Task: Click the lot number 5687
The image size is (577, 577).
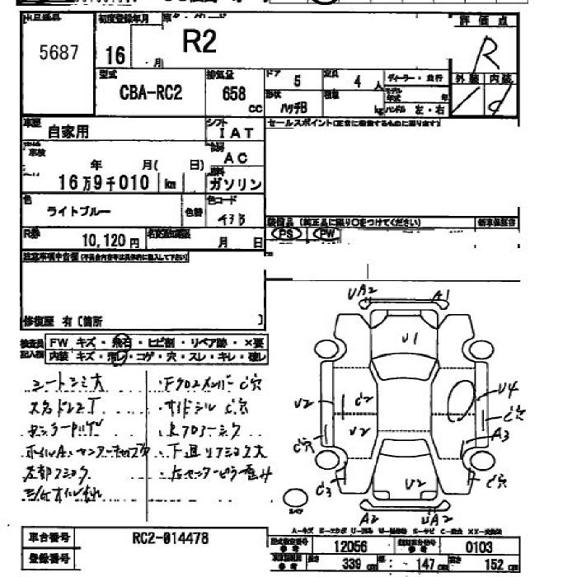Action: [59, 54]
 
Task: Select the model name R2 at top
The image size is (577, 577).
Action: [199, 43]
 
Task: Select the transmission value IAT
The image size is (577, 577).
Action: [237, 133]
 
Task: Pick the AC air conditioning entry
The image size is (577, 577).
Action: [236, 157]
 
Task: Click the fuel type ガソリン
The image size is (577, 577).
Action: [235, 183]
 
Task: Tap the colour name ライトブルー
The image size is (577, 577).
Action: [78, 212]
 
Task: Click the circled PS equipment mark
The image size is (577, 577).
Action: [287, 234]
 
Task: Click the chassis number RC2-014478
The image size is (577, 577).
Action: [170, 538]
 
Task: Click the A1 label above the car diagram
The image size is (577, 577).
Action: [442, 297]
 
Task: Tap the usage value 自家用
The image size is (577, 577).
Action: [68, 131]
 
